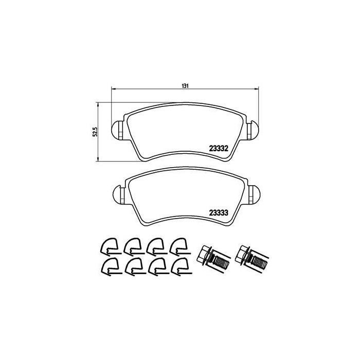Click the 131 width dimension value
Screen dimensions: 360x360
pos(185,86)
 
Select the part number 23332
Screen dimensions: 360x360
pos(219,149)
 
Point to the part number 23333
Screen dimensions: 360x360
pos(219,213)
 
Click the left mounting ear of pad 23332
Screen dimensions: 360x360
pos(118,130)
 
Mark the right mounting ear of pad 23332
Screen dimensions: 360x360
pos(253,130)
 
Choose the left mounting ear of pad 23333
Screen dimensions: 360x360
pos(119,194)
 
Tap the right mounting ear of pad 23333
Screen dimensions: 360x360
pos(255,194)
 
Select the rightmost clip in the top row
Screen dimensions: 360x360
pos(180,246)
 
